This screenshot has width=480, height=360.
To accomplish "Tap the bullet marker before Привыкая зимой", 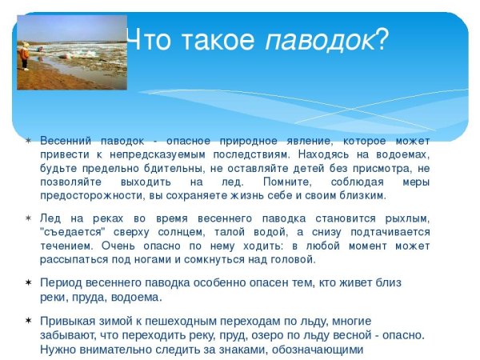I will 28,320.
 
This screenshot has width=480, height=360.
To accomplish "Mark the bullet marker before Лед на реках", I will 28,218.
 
